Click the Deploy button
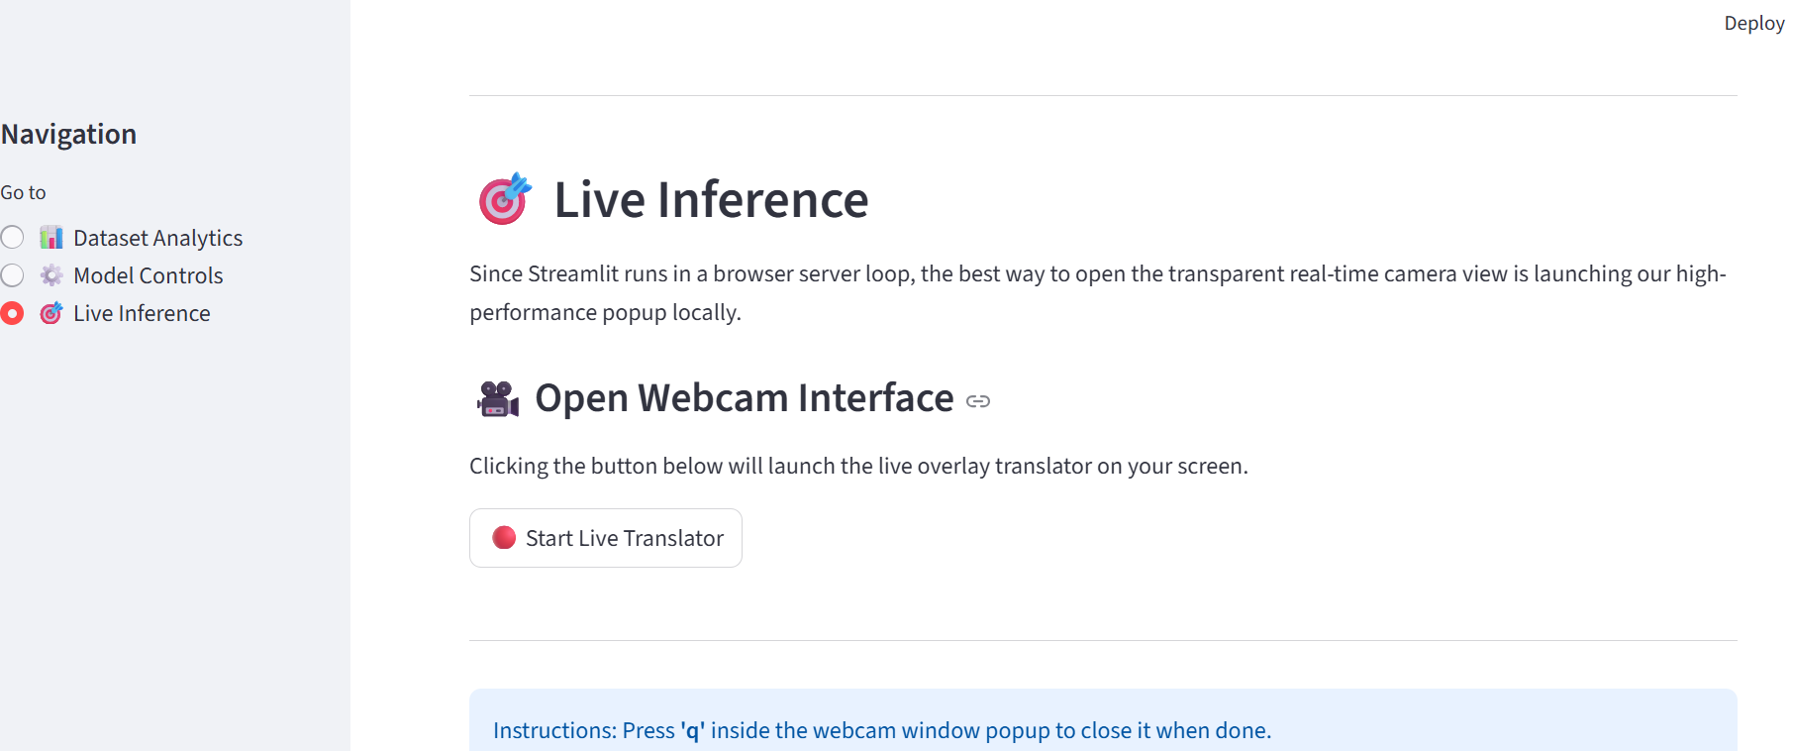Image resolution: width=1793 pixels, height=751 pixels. tap(1753, 23)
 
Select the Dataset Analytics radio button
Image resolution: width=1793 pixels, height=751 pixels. tap(12, 238)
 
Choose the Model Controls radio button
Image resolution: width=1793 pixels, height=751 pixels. tap(12, 275)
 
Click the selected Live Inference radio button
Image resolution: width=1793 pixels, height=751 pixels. tap(12, 314)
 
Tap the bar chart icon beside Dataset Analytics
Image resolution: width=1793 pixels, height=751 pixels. tap(51, 238)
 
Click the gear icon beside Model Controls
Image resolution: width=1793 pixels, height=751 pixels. tap(51, 275)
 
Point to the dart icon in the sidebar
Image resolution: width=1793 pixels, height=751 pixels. tap(51, 314)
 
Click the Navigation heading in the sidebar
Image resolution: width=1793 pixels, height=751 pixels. tap(68, 134)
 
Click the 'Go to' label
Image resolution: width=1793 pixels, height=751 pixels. tap(23, 192)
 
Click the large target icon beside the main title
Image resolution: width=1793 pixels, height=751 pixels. tap(505, 199)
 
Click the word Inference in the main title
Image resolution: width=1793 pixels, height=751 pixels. tap(762, 200)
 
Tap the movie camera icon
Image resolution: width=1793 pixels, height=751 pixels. tap(497, 398)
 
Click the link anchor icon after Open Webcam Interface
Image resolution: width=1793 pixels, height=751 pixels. tap(978, 401)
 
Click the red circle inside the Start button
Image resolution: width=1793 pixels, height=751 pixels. tap(504, 538)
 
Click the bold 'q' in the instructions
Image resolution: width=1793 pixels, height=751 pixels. tap(693, 731)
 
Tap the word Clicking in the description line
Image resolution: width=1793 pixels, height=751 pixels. tap(509, 467)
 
